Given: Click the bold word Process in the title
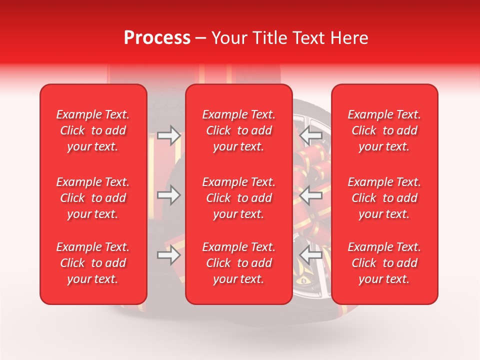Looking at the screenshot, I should pos(157,38).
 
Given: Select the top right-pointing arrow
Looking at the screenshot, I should pos(169,135).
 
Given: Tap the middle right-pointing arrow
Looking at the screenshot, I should pos(169,195).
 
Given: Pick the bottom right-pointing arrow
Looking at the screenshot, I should pos(169,255).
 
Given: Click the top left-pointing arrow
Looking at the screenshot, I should pos(311,135).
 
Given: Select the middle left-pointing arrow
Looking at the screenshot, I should pos(311,195).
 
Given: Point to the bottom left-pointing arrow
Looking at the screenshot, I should pos(311,255).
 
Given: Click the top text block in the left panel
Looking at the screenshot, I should pos(93,130).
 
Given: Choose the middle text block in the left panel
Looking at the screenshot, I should pos(93,198).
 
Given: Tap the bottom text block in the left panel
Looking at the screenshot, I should pos(93,263).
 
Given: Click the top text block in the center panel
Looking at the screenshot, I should pos(239,130).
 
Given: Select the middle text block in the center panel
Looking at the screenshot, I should pos(239,198).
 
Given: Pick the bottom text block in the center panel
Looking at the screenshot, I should pos(239,263).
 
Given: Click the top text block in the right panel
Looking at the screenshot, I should pos(384,130).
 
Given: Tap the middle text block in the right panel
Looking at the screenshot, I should pos(384,198).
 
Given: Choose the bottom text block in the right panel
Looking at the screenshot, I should pos(384,263).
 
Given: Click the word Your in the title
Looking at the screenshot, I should pos(228,38).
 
